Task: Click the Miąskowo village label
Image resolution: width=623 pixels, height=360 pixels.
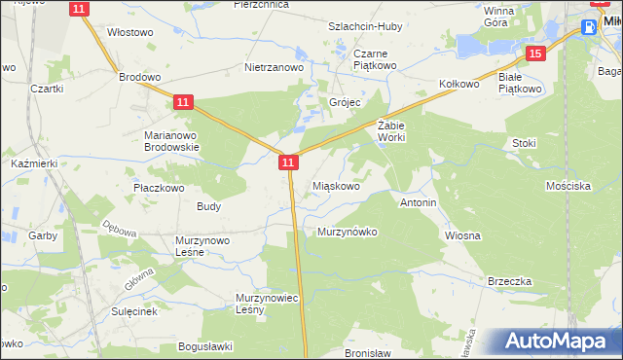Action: (x=338, y=184)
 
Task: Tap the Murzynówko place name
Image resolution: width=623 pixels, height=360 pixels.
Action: (x=347, y=232)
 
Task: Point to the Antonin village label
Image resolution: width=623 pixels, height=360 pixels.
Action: (x=418, y=202)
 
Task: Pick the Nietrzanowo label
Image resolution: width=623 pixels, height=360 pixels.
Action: (x=275, y=68)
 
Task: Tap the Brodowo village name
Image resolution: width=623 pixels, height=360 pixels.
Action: (x=138, y=76)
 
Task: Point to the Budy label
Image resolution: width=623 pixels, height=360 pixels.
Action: (x=209, y=206)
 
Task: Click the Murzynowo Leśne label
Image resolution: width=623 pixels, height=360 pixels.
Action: (x=202, y=246)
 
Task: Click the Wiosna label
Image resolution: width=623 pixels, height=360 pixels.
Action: (x=463, y=235)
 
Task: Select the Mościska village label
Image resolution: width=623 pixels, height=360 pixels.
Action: (x=568, y=185)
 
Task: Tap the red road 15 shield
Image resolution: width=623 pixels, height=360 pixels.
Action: (x=533, y=54)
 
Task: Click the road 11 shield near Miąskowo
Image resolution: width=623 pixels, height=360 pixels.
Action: (x=287, y=163)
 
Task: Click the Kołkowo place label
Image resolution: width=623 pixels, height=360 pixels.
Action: (x=459, y=85)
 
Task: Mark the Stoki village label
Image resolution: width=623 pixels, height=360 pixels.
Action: (x=524, y=143)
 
